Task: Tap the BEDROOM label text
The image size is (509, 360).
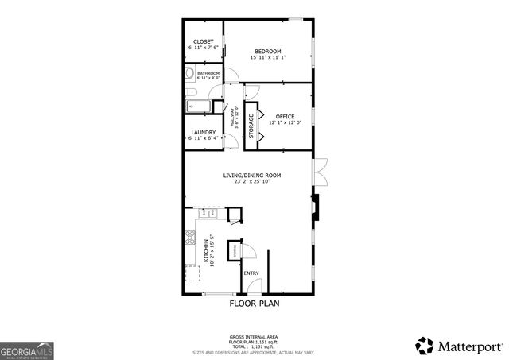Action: coord(267,52)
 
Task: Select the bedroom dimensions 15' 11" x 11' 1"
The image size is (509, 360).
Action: coord(267,58)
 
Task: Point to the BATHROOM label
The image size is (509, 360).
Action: coord(208,73)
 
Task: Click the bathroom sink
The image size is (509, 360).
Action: coord(189,75)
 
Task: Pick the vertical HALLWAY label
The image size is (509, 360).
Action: coord(232,121)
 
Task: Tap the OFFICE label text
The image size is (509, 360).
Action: coord(285,116)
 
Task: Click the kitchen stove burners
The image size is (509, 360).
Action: coord(189,237)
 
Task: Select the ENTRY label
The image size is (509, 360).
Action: coord(251,273)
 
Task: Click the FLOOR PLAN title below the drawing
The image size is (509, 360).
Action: coord(254,304)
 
